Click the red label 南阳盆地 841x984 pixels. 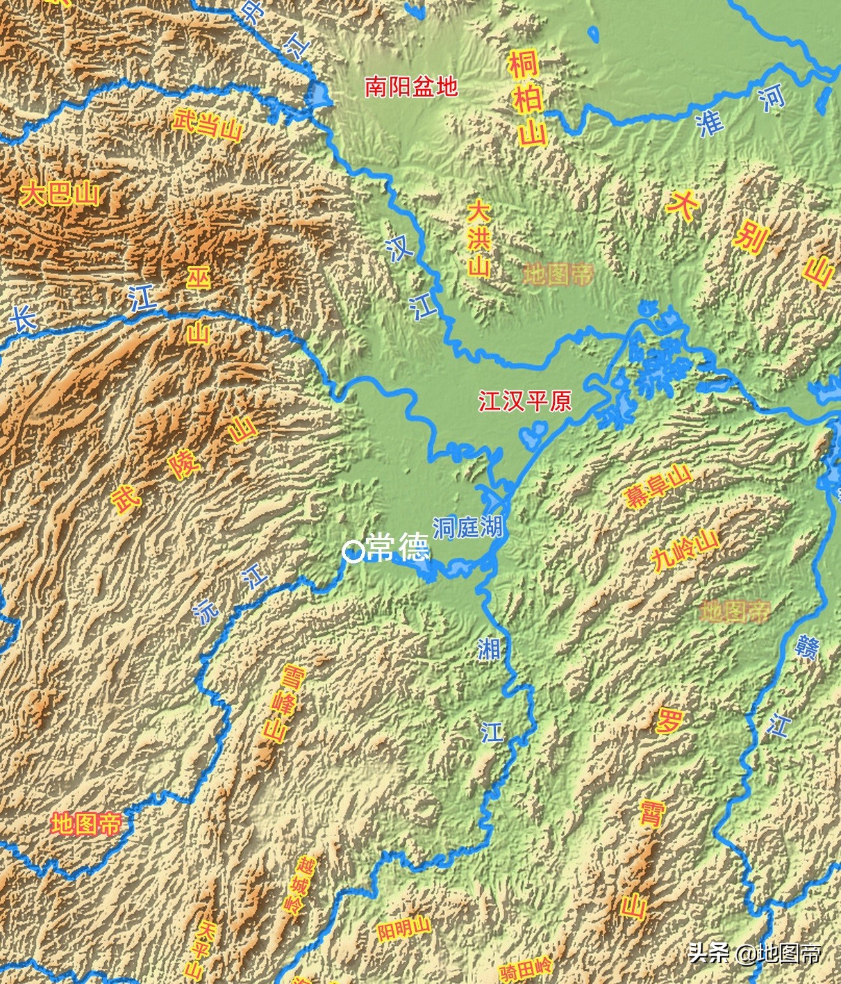(411, 87)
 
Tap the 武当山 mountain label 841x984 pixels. (206, 126)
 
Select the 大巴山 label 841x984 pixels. (60, 194)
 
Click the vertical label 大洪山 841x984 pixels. (478, 239)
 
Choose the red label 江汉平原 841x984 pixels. (524, 401)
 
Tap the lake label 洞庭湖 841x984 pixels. (467, 527)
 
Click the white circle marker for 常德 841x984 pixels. (353, 552)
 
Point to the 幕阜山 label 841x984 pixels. (658, 487)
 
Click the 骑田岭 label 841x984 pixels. (526, 969)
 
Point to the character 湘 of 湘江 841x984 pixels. (489, 649)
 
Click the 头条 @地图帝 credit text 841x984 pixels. (754, 953)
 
